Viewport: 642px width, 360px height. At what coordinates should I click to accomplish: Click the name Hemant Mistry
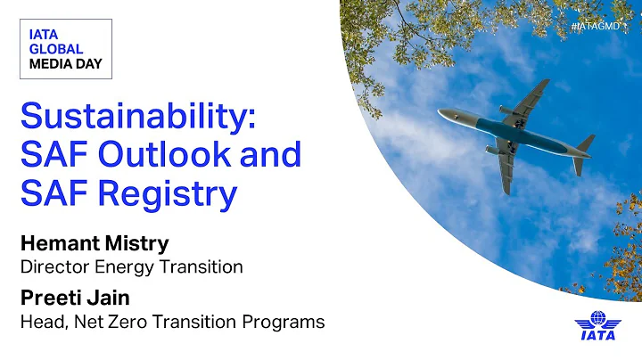(93, 241)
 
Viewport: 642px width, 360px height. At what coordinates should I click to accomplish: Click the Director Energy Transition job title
(131, 266)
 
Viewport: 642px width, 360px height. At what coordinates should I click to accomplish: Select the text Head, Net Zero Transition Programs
(172, 322)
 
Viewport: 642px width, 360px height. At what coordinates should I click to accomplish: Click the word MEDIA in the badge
(51, 64)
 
